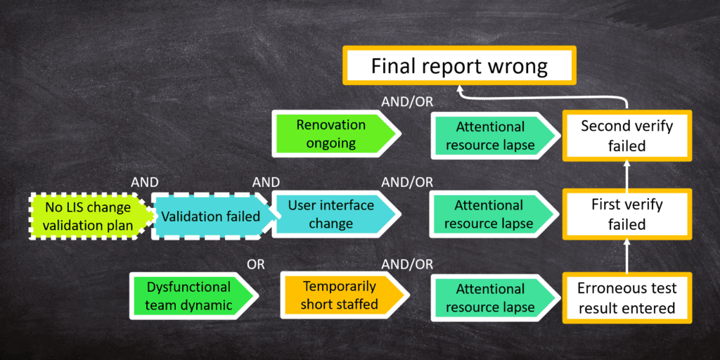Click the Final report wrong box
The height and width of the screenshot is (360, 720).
tap(459, 65)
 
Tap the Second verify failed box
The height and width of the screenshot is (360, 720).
tap(627, 136)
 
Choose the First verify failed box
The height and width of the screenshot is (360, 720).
tap(627, 214)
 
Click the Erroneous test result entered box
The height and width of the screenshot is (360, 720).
tap(627, 297)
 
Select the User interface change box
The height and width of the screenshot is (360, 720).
tap(337, 214)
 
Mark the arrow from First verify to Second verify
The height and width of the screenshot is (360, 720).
tap(627, 174)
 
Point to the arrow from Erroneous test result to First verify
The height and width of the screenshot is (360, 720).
tap(627, 255)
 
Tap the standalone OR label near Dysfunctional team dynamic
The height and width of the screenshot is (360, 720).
tap(256, 264)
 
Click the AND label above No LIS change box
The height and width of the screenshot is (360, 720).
tap(145, 182)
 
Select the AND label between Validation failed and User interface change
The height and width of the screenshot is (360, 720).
tap(266, 182)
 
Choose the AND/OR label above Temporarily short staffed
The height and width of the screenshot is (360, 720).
tap(407, 264)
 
